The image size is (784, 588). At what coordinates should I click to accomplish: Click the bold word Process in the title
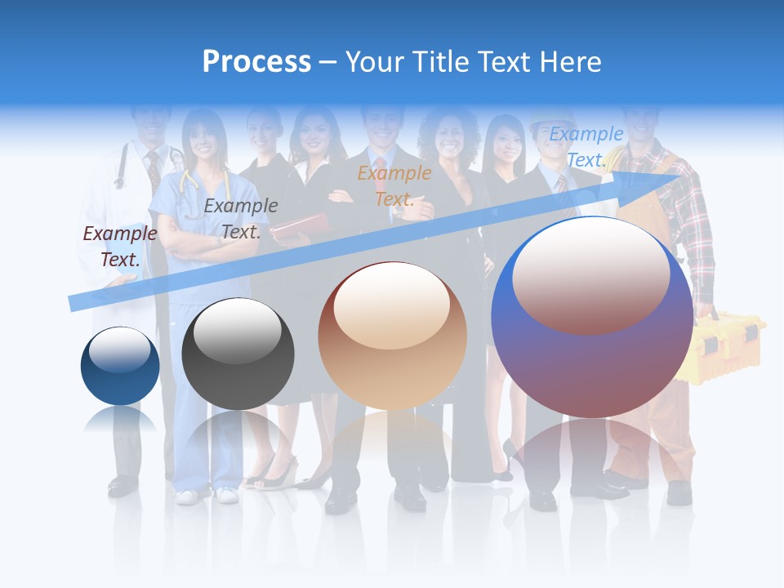coord(256,62)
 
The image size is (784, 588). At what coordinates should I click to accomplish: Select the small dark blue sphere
coord(120,366)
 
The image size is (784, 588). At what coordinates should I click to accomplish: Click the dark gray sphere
coord(238,354)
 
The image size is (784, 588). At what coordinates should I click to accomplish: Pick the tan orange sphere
coord(392,336)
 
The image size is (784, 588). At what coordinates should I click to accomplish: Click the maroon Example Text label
coord(120,247)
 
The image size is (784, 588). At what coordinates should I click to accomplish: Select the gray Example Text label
coord(240,219)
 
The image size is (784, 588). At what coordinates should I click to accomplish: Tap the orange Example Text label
coord(394,185)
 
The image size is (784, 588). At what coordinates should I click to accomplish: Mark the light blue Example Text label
coord(586,147)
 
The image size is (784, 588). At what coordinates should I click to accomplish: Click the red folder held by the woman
coord(290,229)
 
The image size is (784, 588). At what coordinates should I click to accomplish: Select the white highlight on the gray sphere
coord(237,332)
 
